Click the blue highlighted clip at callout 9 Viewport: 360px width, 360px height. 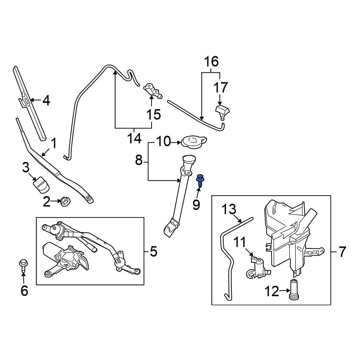(x=200, y=180)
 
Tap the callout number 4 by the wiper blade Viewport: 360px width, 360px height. (x=46, y=101)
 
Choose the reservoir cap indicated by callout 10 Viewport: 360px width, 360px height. (x=194, y=141)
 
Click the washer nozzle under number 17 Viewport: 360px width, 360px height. (x=223, y=112)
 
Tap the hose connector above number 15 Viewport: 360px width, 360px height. (x=153, y=90)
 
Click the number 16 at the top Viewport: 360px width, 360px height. (x=212, y=62)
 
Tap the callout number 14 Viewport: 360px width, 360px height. (x=134, y=139)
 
